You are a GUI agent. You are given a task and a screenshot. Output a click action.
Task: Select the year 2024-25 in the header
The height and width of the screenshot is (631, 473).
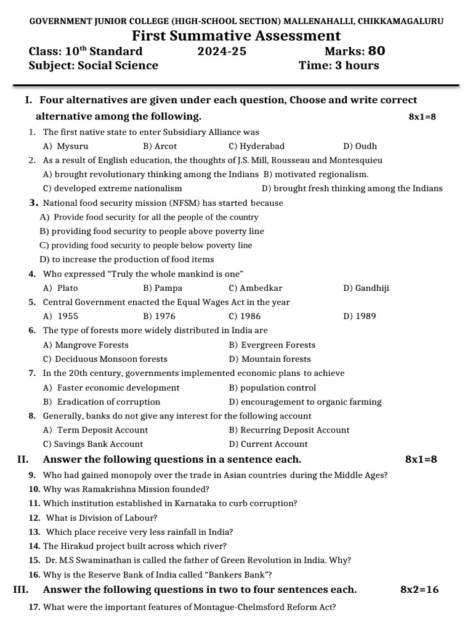(222, 51)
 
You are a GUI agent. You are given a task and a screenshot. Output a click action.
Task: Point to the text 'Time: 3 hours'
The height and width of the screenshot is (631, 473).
(339, 65)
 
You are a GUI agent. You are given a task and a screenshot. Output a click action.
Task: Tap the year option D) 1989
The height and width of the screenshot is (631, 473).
(360, 316)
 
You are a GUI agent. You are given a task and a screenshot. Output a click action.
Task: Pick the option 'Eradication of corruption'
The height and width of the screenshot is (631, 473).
(101, 402)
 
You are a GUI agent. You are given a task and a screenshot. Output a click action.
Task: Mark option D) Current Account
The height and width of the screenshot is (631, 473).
(268, 444)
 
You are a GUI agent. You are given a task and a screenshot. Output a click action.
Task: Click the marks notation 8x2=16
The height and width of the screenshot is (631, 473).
(419, 590)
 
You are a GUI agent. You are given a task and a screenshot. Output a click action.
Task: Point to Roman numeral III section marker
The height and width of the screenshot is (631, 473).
(21, 590)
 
